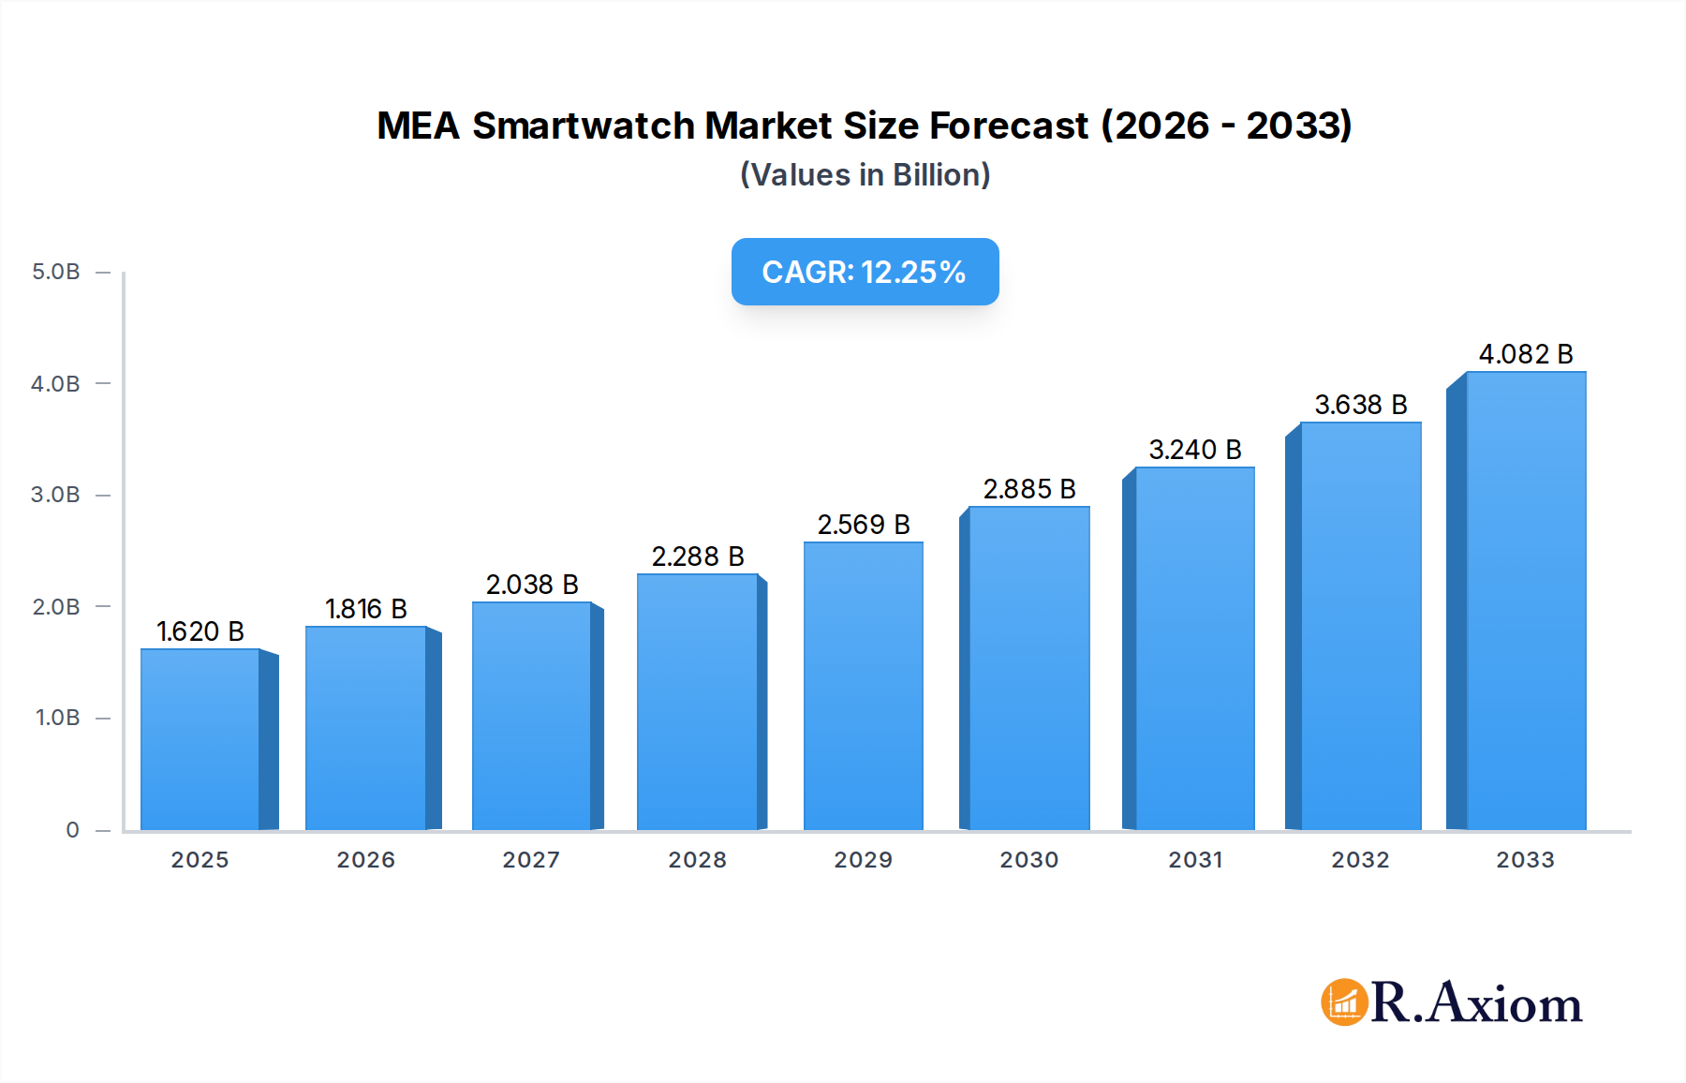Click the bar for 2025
point(200,740)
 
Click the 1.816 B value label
point(366,609)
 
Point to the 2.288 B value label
point(698,556)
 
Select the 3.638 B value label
point(1361,405)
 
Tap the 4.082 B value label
point(1526,354)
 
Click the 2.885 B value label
point(1029,489)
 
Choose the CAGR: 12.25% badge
point(865,272)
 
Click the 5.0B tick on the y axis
point(56,272)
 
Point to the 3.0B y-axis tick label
point(56,495)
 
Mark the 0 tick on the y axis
point(72,830)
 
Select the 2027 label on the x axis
point(531,860)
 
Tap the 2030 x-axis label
point(1029,860)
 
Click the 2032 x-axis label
point(1361,860)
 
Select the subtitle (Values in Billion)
point(865,175)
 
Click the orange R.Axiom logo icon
point(1344,1002)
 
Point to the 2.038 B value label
point(532,585)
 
